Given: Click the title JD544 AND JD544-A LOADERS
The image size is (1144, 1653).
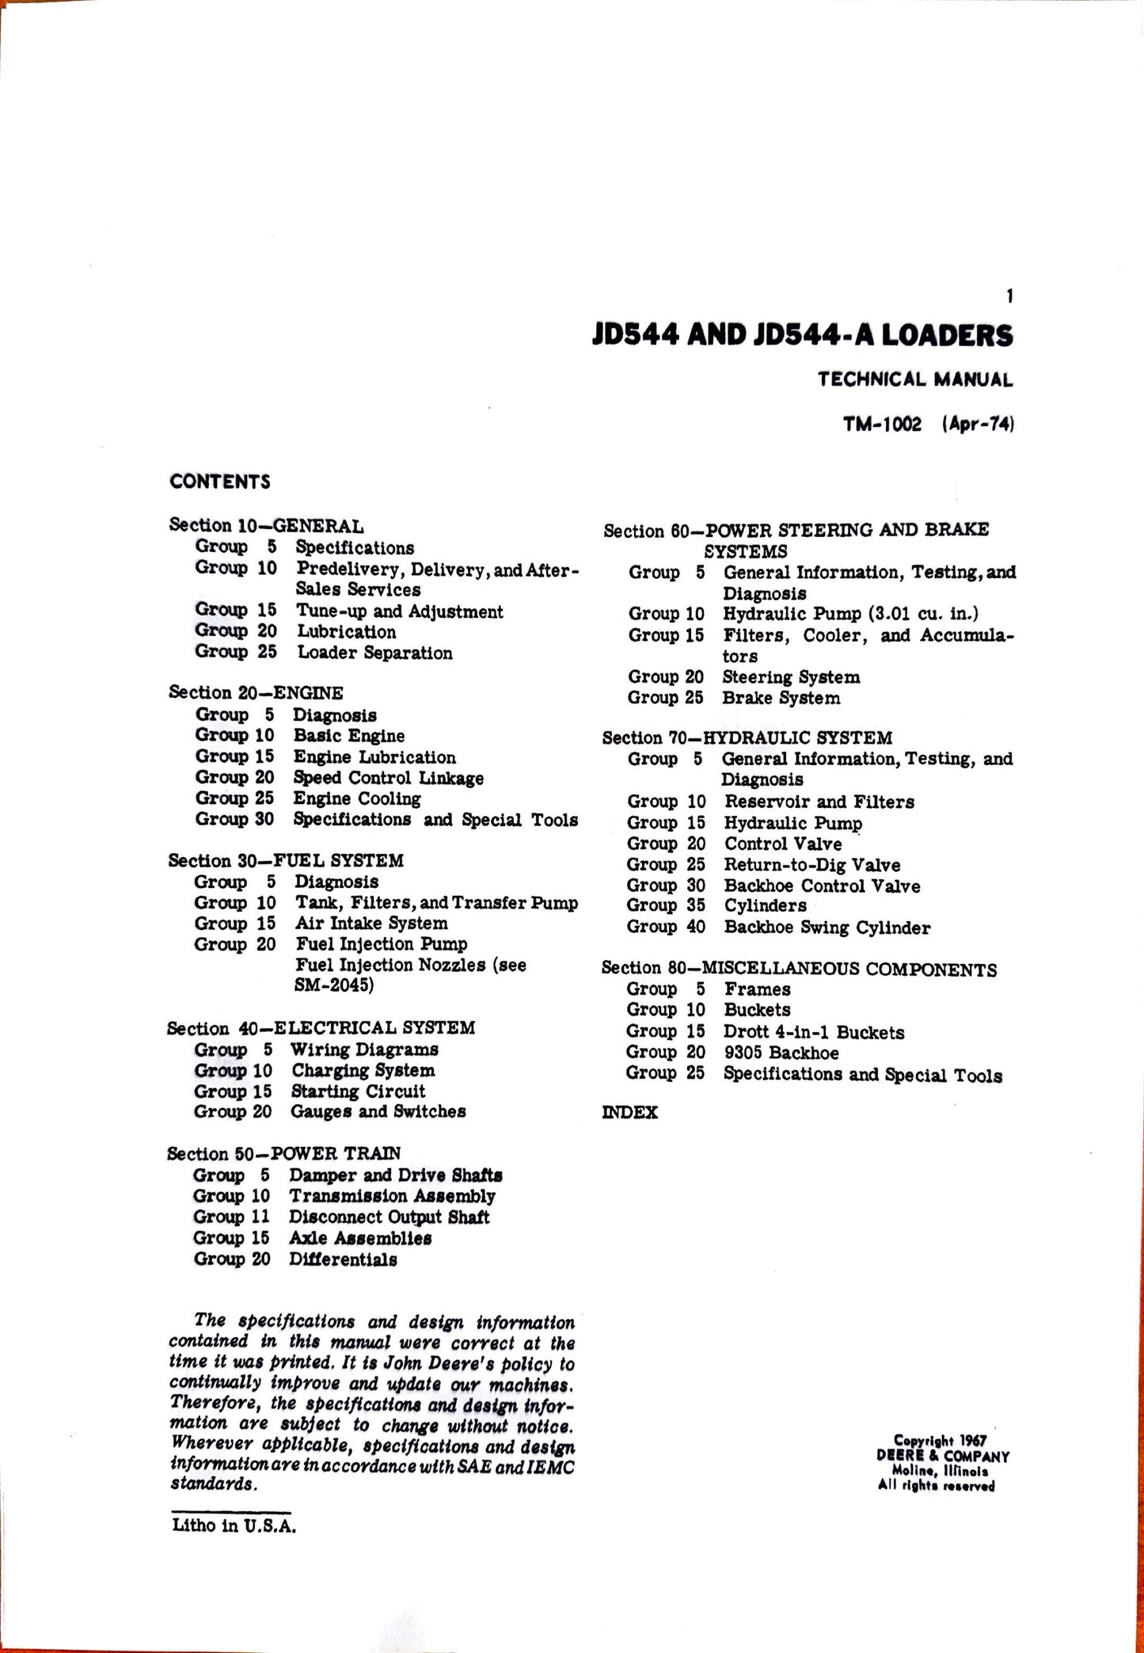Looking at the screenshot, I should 802,336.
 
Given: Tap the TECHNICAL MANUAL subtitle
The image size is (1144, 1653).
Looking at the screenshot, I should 914,379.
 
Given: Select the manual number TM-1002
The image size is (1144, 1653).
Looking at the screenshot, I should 882,425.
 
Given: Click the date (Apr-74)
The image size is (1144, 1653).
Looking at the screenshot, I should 978,425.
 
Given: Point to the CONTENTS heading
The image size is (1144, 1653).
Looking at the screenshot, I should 219,482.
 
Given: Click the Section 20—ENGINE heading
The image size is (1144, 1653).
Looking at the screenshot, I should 256,692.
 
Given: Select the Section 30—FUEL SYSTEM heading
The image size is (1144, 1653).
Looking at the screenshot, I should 286,860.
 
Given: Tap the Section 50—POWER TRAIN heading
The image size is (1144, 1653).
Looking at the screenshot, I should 283,1153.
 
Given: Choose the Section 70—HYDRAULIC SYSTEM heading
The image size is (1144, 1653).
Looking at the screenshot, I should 747,737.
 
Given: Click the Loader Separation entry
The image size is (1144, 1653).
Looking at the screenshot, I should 374,653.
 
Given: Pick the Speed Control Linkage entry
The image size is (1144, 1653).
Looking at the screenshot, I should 388,778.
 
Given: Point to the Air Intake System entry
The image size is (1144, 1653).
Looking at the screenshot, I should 371,924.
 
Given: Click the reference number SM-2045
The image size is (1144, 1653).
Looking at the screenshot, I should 334,985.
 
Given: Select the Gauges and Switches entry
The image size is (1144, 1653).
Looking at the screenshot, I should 378,1111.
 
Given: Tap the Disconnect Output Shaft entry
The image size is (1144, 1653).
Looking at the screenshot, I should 389,1217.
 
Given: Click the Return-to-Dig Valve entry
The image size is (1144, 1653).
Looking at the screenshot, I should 811,865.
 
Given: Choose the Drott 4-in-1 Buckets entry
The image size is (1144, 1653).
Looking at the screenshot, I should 813,1032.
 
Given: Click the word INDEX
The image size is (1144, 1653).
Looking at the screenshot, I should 629,1112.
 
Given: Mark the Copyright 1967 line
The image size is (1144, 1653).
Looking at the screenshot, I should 940,1440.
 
